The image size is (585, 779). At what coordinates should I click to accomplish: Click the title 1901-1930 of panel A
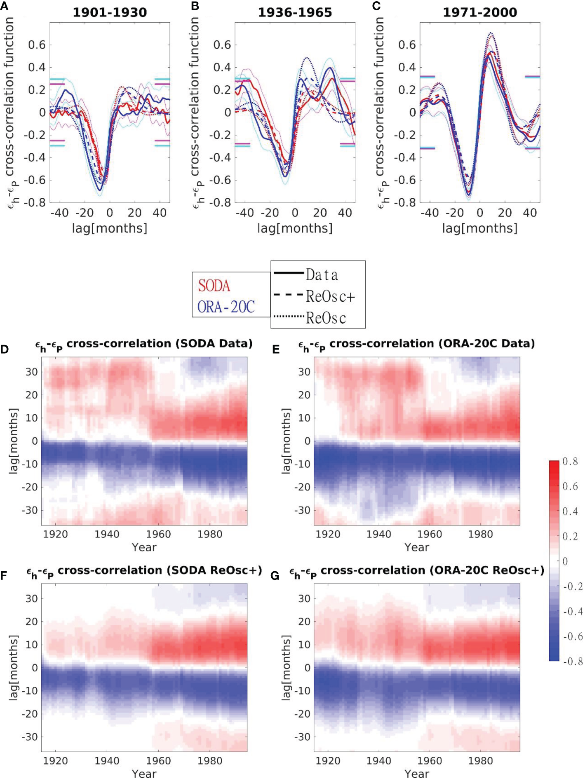110,12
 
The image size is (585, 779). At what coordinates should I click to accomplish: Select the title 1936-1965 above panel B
295,12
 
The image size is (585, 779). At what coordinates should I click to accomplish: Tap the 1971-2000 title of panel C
480,12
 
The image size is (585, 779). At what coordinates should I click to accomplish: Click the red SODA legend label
214,286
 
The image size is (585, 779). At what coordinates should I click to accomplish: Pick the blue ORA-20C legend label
226,307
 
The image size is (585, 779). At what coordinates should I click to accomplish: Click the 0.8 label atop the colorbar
570,462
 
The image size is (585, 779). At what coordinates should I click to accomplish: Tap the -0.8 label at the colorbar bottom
573,662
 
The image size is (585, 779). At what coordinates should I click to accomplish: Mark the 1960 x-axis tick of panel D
158,534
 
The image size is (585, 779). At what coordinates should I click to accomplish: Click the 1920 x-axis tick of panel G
328,761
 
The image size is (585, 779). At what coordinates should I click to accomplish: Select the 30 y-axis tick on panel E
304,372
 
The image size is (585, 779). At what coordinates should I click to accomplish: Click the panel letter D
5,350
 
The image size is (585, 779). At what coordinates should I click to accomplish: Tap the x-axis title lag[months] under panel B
295,228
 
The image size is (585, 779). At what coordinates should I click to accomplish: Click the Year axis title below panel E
416,547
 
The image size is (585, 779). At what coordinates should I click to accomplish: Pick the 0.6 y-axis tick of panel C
407,45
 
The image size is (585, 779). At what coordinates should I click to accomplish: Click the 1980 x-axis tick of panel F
209,761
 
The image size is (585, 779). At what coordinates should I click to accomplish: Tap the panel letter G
275,576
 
